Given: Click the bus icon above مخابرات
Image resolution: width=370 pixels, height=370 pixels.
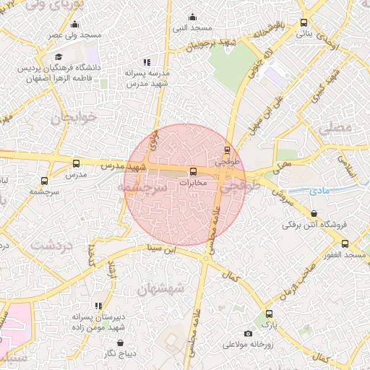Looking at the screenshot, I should pyautogui.click(x=193, y=172).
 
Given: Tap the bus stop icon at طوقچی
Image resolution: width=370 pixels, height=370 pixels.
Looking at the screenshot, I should pyautogui.click(x=228, y=151).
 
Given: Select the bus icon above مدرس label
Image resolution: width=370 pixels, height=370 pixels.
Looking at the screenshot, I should pyautogui.click(x=77, y=163).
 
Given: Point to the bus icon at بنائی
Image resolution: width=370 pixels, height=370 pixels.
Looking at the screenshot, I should pyautogui.click(x=304, y=22).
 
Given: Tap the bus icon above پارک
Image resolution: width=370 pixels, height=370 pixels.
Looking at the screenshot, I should pyautogui.click(x=269, y=314).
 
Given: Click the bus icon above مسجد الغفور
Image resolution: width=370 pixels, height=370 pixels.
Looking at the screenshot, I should pyautogui.click(x=345, y=244).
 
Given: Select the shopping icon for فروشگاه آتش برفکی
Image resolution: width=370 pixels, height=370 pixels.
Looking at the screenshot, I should pyautogui.click(x=314, y=214).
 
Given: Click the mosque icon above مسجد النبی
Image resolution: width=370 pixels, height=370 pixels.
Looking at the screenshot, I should pyautogui.click(x=192, y=17).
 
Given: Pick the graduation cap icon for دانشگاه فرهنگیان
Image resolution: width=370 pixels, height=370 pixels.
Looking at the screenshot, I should pyautogui.click(x=58, y=57).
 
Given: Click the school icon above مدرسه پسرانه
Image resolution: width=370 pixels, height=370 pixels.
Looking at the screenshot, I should pyautogui.click(x=147, y=62).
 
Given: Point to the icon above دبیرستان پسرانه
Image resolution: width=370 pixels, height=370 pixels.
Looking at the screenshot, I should pyautogui.click(x=99, y=306).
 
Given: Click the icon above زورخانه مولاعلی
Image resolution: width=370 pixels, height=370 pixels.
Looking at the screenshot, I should pyautogui.click(x=249, y=334).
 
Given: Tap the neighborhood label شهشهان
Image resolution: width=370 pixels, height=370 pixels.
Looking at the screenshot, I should pyautogui.click(x=163, y=288).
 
